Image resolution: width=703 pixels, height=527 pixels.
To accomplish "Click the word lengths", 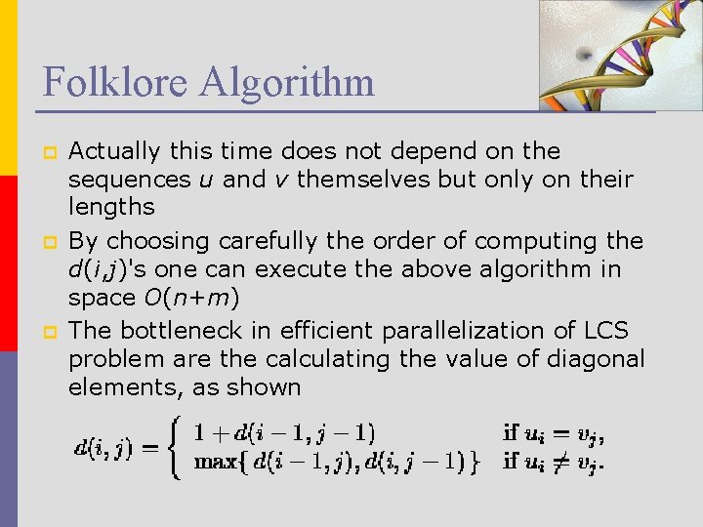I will (111, 207).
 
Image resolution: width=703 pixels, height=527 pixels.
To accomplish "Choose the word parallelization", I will (466, 331).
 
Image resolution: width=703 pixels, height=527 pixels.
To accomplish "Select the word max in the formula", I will (215, 462).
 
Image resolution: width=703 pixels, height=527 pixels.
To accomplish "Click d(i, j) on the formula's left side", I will (104, 448).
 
